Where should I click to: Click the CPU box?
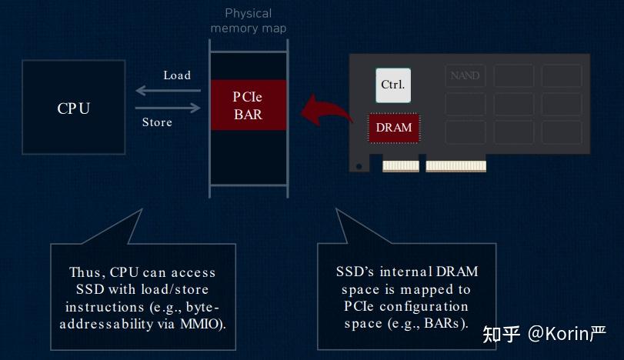73,108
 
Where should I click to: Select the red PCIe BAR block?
248,105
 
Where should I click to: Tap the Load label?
177,75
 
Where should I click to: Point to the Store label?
157,122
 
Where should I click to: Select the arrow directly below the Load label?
168,91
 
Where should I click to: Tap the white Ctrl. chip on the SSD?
392,85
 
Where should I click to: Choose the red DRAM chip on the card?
393,128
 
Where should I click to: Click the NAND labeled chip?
465,76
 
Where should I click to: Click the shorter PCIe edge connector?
401,166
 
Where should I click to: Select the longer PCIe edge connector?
456,166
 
